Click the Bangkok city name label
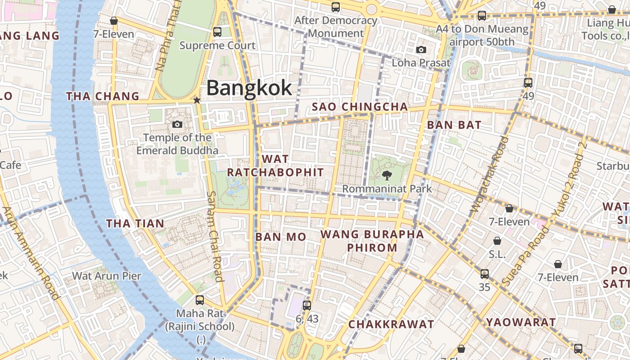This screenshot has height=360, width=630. (249, 88)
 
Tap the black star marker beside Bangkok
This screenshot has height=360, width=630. (197, 100)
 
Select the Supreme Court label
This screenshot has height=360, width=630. (217, 45)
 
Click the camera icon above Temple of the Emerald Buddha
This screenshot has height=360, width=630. (177, 124)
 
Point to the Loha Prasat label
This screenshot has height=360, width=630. (421, 63)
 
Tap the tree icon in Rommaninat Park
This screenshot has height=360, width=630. (387, 175)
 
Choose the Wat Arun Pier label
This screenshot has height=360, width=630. (107, 276)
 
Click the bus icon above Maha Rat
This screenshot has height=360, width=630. (199, 300)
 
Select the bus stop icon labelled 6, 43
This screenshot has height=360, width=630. (307, 306)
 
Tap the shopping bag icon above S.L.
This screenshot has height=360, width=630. (497, 241)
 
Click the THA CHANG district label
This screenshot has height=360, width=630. (103, 96)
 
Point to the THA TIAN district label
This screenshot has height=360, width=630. (135, 223)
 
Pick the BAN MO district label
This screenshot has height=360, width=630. (281, 237)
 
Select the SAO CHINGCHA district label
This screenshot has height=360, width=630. (360, 107)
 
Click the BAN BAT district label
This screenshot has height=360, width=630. (454, 125)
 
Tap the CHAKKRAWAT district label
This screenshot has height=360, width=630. (391, 324)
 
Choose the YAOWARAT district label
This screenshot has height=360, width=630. (521, 322)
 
